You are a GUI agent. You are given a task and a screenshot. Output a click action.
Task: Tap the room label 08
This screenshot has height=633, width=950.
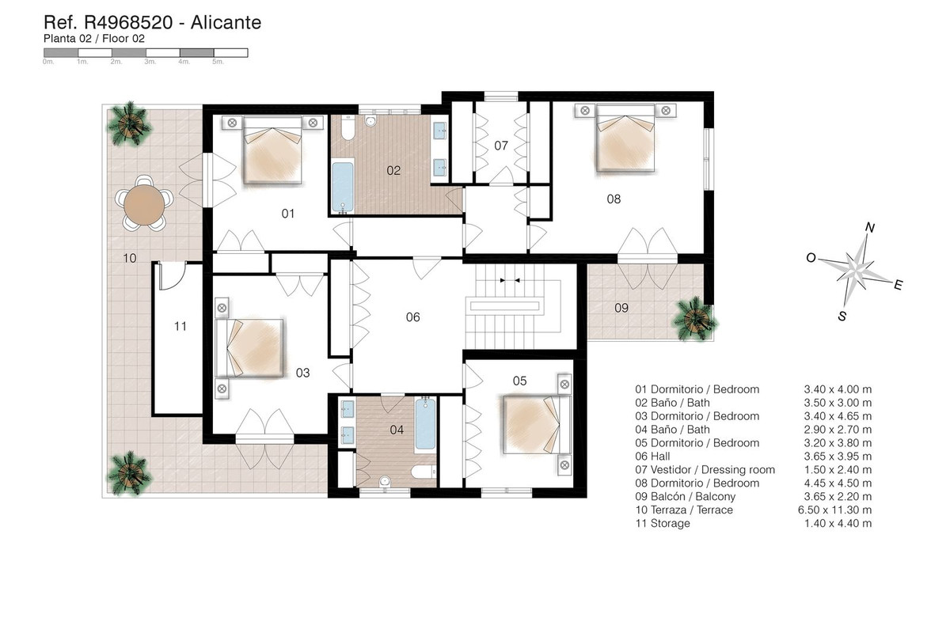tap(614, 199)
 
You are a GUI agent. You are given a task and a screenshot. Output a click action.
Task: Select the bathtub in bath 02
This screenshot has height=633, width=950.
tap(343, 187)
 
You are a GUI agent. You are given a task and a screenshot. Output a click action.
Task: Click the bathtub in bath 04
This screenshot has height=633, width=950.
tap(425, 425)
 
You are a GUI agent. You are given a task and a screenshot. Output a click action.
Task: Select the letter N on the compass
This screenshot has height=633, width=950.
tap(869, 228)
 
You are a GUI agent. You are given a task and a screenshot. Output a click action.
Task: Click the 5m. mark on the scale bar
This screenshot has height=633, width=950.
tap(218, 61)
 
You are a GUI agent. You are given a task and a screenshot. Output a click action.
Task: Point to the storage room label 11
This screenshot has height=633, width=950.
tap(180, 325)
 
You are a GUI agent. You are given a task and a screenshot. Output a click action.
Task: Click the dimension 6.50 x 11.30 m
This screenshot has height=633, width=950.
tap(838, 510)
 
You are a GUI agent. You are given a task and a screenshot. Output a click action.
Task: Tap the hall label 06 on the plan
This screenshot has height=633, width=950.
tap(412, 317)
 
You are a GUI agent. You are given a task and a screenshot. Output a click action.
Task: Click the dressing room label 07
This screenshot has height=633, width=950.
tap(500, 146)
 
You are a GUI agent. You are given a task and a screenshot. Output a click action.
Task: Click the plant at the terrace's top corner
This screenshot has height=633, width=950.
tap(129, 119)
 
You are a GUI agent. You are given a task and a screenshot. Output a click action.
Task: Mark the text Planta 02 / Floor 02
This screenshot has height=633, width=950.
tap(93, 37)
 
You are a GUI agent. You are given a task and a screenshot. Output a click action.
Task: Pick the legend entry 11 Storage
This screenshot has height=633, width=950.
tap(663, 524)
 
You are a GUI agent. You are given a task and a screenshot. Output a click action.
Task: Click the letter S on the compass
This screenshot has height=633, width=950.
tap(842, 316)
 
